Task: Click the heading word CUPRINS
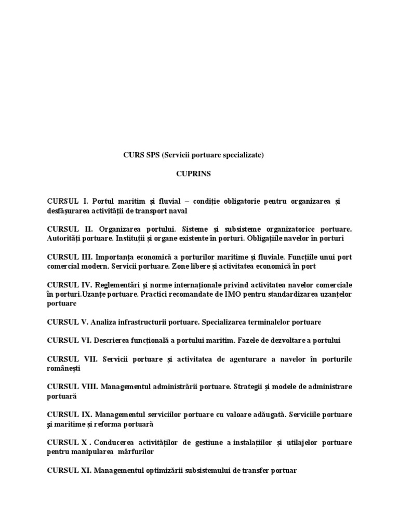(x=193, y=174)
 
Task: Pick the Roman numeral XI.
(x=87, y=470)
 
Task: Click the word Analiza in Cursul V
(x=102, y=322)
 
